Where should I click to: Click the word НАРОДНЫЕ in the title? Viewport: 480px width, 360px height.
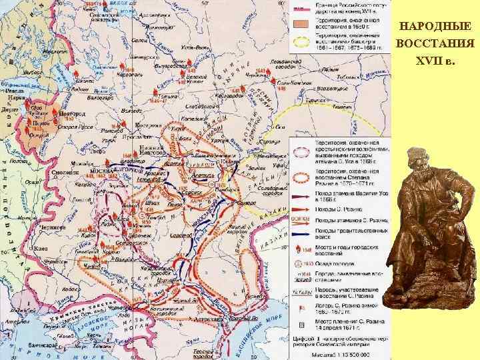(434, 27)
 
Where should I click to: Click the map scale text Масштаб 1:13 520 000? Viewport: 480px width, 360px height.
(332, 355)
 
